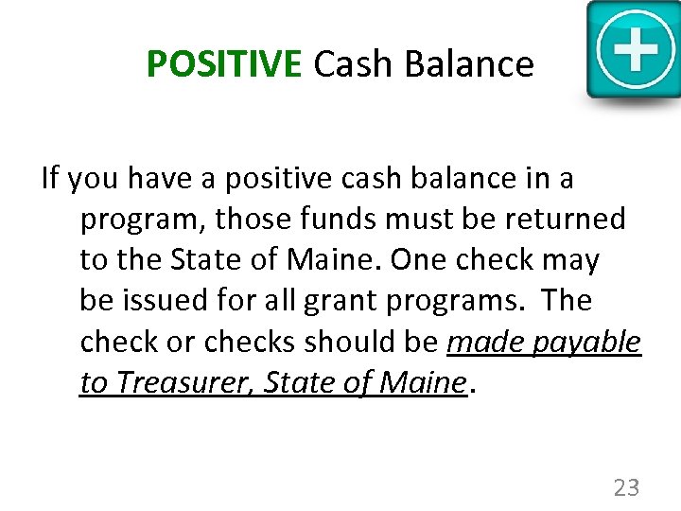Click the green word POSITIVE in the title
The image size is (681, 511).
pos(223,64)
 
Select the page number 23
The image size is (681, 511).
pos(626,488)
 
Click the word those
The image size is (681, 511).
pos(248,220)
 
